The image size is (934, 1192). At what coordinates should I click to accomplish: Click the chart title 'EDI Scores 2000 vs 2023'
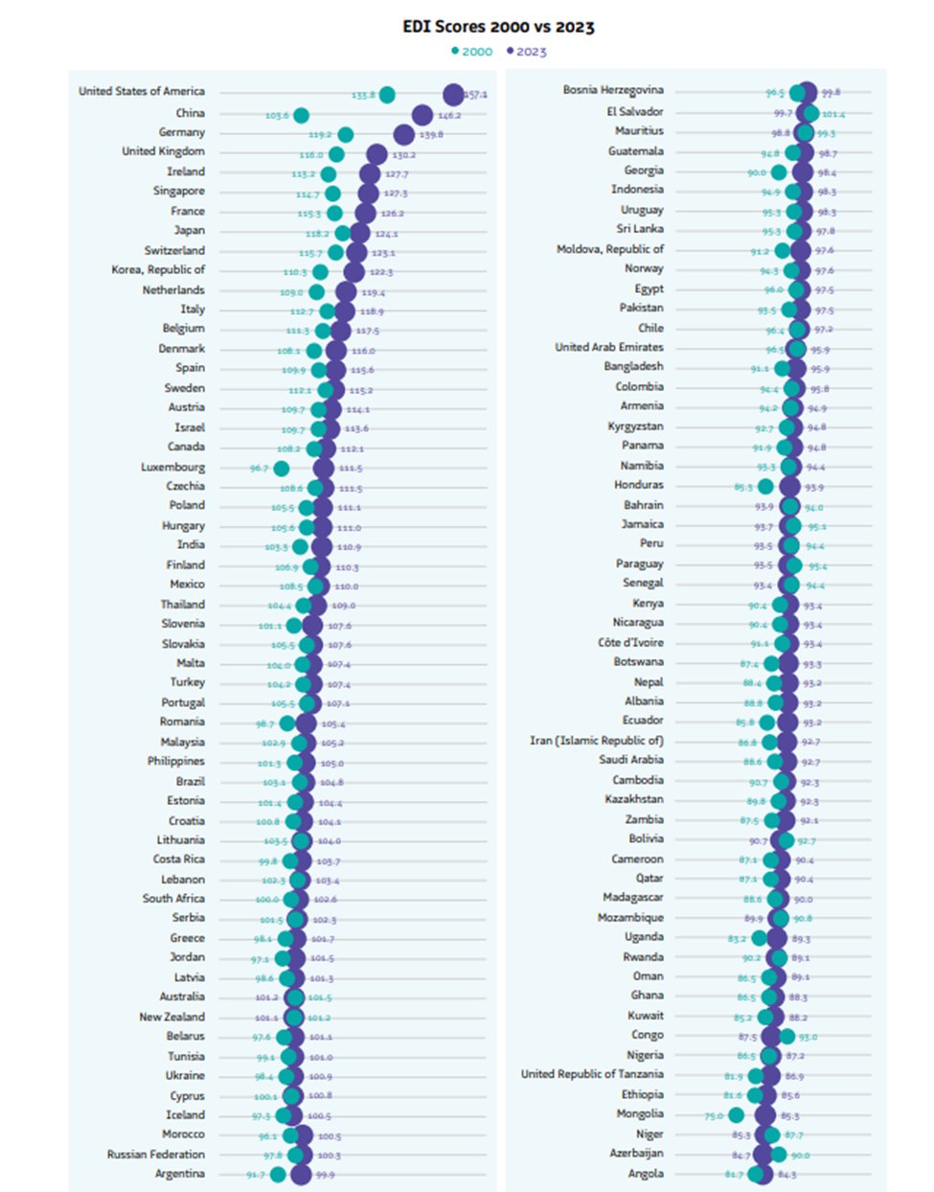click(x=498, y=27)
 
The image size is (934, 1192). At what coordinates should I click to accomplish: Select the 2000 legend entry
click(x=471, y=52)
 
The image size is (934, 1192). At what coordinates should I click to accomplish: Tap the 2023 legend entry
click(x=526, y=52)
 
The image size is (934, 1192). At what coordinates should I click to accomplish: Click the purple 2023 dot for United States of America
click(x=453, y=94)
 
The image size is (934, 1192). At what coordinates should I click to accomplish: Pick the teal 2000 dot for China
click(x=301, y=115)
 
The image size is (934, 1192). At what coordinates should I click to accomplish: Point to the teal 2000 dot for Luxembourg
click(x=281, y=469)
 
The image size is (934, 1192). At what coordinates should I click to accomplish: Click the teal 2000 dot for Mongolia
click(x=736, y=1114)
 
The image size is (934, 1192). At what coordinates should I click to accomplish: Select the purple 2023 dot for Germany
click(x=404, y=134)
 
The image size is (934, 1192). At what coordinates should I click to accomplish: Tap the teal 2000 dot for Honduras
click(x=765, y=487)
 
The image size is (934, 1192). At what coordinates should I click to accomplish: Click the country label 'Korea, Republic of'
click(x=158, y=270)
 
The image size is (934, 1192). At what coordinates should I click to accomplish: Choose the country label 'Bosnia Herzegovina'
click(x=613, y=90)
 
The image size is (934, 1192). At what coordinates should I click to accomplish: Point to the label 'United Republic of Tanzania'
click(x=592, y=1074)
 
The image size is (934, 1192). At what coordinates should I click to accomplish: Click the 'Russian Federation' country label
click(x=156, y=1155)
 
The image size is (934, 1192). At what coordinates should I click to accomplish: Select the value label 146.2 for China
click(x=449, y=116)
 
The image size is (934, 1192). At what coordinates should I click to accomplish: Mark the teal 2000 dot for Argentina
click(x=278, y=1174)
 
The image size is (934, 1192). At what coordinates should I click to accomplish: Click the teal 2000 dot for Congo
click(x=786, y=1036)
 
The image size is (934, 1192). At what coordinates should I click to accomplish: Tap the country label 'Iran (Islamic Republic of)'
click(x=597, y=741)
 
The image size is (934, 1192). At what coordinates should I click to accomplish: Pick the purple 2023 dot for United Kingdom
click(x=376, y=154)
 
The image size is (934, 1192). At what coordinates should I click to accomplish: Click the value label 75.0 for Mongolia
click(x=714, y=1116)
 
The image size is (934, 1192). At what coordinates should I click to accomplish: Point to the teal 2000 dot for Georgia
click(x=779, y=172)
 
